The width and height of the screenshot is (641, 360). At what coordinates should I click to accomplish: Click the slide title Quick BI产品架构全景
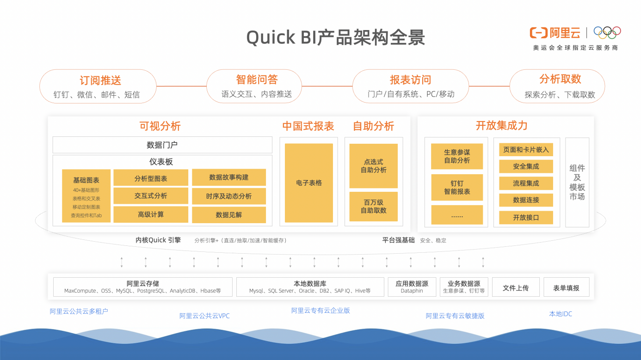[335, 37]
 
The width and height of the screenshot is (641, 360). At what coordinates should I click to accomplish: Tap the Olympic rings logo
[607, 32]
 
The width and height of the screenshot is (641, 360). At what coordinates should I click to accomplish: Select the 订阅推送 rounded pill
[98, 86]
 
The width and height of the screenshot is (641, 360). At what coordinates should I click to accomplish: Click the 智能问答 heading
[257, 79]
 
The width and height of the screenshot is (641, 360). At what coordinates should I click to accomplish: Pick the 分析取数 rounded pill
[557, 86]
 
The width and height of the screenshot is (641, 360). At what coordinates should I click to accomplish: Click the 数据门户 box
[162, 145]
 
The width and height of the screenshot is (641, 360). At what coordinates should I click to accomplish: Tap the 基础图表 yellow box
[86, 196]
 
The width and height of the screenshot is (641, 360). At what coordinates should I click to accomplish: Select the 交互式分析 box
[151, 196]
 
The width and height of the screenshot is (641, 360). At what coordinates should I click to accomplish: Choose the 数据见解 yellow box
[229, 214]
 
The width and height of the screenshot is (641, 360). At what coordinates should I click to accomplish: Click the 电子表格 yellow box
[309, 183]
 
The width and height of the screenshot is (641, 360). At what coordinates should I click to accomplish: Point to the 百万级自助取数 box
[374, 207]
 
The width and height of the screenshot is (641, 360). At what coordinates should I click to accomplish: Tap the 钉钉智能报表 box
[457, 188]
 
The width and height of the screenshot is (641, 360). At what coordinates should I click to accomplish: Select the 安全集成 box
[526, 166]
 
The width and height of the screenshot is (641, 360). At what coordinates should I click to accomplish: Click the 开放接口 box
[526, 218]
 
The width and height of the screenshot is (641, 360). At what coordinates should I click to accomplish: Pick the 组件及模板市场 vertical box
[577, 183]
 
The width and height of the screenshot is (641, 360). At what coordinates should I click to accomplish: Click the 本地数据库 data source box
[310, 287]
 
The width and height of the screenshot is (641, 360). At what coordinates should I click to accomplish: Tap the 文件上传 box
[516, 288]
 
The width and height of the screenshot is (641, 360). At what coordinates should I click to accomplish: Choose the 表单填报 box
[566, 288]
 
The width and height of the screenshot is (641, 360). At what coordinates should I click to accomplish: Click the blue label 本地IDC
[561, 314]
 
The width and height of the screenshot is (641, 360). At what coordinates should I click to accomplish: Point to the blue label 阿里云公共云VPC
[204, 316]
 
